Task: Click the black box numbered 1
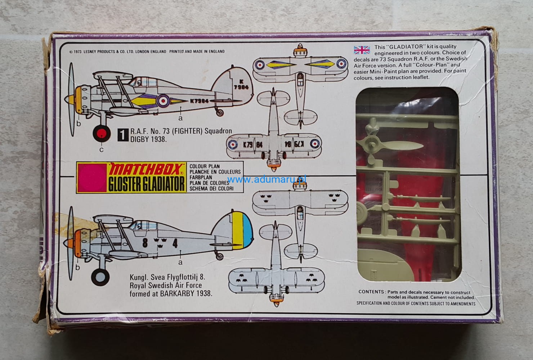(x=123, y=135)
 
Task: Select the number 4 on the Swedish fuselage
(x=175, y=244)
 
